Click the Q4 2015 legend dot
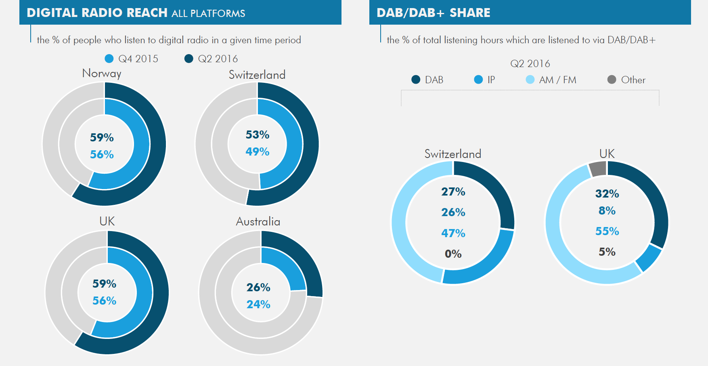[109, 59]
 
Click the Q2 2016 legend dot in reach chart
[189, 59]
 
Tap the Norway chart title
[102, 73]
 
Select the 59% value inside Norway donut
[102, 138]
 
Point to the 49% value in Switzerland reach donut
[258, 152]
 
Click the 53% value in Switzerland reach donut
[258, 135]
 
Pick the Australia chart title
[258, 221]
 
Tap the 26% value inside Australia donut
[258, 288]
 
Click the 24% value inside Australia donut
[258, 305]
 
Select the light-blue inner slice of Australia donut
[283, 269]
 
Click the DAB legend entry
[427, 80]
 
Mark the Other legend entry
[626, 80]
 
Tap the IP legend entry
[484, 80]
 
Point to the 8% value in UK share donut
[607, 211]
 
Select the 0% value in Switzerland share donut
[453, 254]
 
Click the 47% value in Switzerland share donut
[453, 233]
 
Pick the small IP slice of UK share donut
[649, 259]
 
